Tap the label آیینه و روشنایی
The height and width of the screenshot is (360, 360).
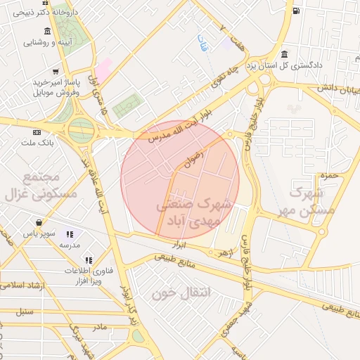click(x=48, y=41)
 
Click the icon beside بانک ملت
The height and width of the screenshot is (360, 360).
click(x=37, y=131)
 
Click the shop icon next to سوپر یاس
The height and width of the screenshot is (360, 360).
click(x=69, y=234)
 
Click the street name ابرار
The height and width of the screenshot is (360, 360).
click(x=179, y=245)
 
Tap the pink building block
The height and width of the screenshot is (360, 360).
click(x=103, y=69)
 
